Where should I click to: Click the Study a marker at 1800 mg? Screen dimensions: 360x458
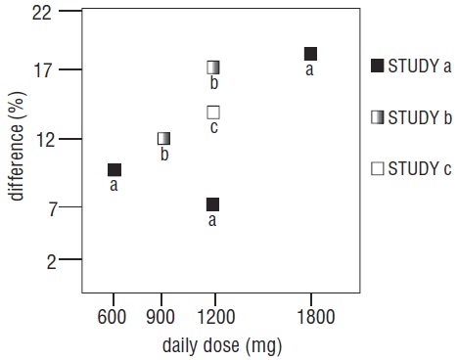click(310, 54)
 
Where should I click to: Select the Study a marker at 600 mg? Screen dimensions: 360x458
click(114, 170)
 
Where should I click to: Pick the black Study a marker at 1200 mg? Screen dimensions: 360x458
click(212, 204)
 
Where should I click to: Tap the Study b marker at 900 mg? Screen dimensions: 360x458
click(163, 139)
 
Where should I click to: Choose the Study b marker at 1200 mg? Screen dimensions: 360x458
click(212, 67)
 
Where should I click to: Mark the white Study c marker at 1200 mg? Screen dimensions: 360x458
click(212, 112)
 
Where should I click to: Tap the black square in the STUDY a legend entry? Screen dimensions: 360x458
click(377, 67)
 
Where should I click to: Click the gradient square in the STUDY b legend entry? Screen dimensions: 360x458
click(377, 117)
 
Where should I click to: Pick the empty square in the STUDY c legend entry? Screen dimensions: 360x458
click(377, 168)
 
